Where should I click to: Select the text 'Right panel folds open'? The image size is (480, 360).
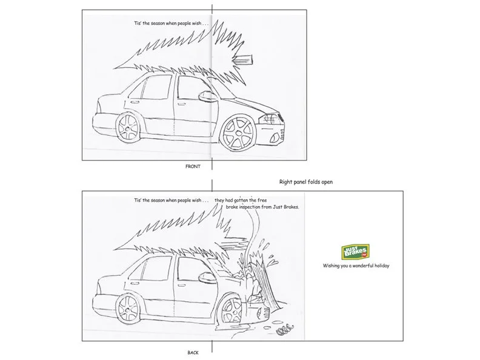pyautogui.click(x=307, y=181)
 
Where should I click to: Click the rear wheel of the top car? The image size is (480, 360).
pyautogui.click(x=129, y=128)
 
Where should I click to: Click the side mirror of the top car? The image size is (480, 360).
pyautogui.click(x=202, y=96)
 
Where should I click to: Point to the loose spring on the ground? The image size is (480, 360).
pyautogui.click(x=284, y=331)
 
